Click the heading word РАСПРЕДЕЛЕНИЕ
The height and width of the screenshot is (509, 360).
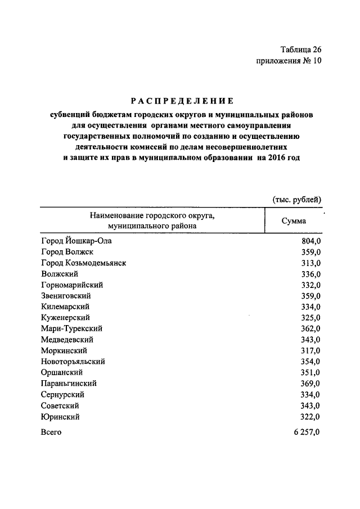click(182, 101)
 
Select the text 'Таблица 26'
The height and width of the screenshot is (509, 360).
click(301, 50)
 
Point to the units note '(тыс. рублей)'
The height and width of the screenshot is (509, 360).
click(296, 199)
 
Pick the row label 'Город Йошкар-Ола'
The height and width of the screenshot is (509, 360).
click(77, 241)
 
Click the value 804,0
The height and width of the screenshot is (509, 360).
click(310, 241)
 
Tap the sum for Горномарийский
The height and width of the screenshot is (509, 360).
click(310, 285)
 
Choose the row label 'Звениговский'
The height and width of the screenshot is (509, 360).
click(66, 296)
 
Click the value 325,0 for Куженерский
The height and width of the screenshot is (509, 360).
click(310, 318)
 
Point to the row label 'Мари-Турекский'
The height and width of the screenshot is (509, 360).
click(71, 329)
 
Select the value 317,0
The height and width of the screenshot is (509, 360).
click(310, 351)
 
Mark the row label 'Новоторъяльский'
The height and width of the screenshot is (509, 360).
click(73, 362)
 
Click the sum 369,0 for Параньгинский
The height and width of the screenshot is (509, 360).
click(310, 384)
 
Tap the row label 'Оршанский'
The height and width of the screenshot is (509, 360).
click(62, 373)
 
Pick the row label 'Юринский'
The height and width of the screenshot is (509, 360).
click(60, 417)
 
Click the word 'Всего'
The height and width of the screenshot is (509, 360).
click(51, 432)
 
